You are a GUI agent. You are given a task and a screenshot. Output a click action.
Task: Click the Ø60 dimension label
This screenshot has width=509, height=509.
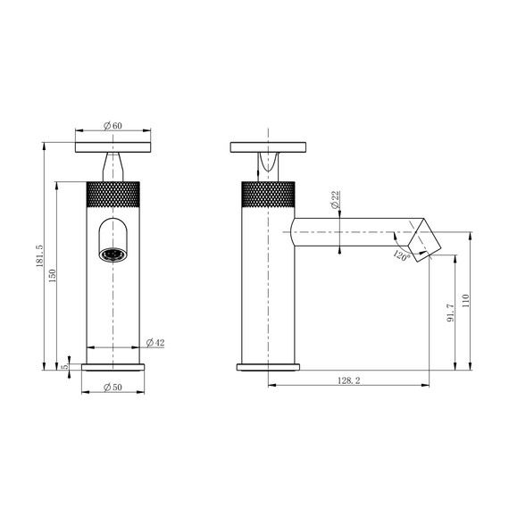[x=113, y=125]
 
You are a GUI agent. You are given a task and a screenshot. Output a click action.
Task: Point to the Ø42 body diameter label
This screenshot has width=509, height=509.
[x=155, y=343]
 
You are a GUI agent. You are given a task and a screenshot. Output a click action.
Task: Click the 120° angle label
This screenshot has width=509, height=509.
[x=400, y=256]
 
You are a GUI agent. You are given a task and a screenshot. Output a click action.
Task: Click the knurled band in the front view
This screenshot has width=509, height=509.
[x=113, y=194]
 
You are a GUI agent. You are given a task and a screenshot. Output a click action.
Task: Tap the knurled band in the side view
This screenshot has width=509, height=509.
[x=268, y=194]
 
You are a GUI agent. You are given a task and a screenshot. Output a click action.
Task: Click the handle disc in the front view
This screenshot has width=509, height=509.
[x=113, y=146]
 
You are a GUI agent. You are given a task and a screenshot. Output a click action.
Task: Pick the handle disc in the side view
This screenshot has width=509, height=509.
[x=268, y=146]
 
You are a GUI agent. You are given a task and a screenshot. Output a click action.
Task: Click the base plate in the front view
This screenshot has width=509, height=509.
[x=113, y=366]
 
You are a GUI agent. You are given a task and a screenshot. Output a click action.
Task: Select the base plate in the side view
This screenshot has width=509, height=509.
[x=268, y=366]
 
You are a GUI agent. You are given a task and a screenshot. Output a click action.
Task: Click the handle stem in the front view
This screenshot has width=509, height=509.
[x=113, y=167]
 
